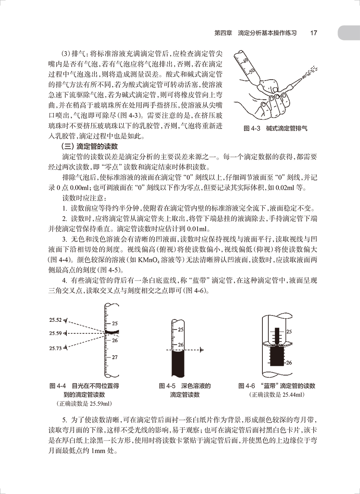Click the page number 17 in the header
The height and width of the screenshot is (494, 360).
click(x=314, y=33)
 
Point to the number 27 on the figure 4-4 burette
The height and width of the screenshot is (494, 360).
click(x=115, y=357)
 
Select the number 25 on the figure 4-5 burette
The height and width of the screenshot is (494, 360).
click(x=180, y=330)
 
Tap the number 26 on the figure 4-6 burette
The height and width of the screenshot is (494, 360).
click(x=289, y=363)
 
